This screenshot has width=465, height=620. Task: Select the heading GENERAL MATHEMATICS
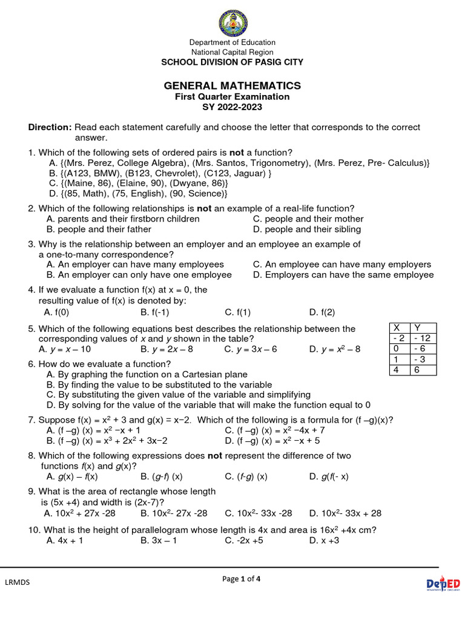click(x=232, y=85)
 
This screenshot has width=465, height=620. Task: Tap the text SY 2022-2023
click(x=232, y=107)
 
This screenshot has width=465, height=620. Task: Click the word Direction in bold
click(x=50, y=127)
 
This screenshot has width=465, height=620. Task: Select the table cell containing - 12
click(x=421, y=338)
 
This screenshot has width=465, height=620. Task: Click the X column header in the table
click(x=397, y=327)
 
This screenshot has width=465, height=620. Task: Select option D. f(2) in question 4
click(x=322, y=312)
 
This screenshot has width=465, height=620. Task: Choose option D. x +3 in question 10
click(x=324, y=541)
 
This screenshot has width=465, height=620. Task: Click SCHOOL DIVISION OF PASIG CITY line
click(x=232, y=62)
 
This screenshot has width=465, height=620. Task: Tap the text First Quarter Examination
click(x=232, y=97)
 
